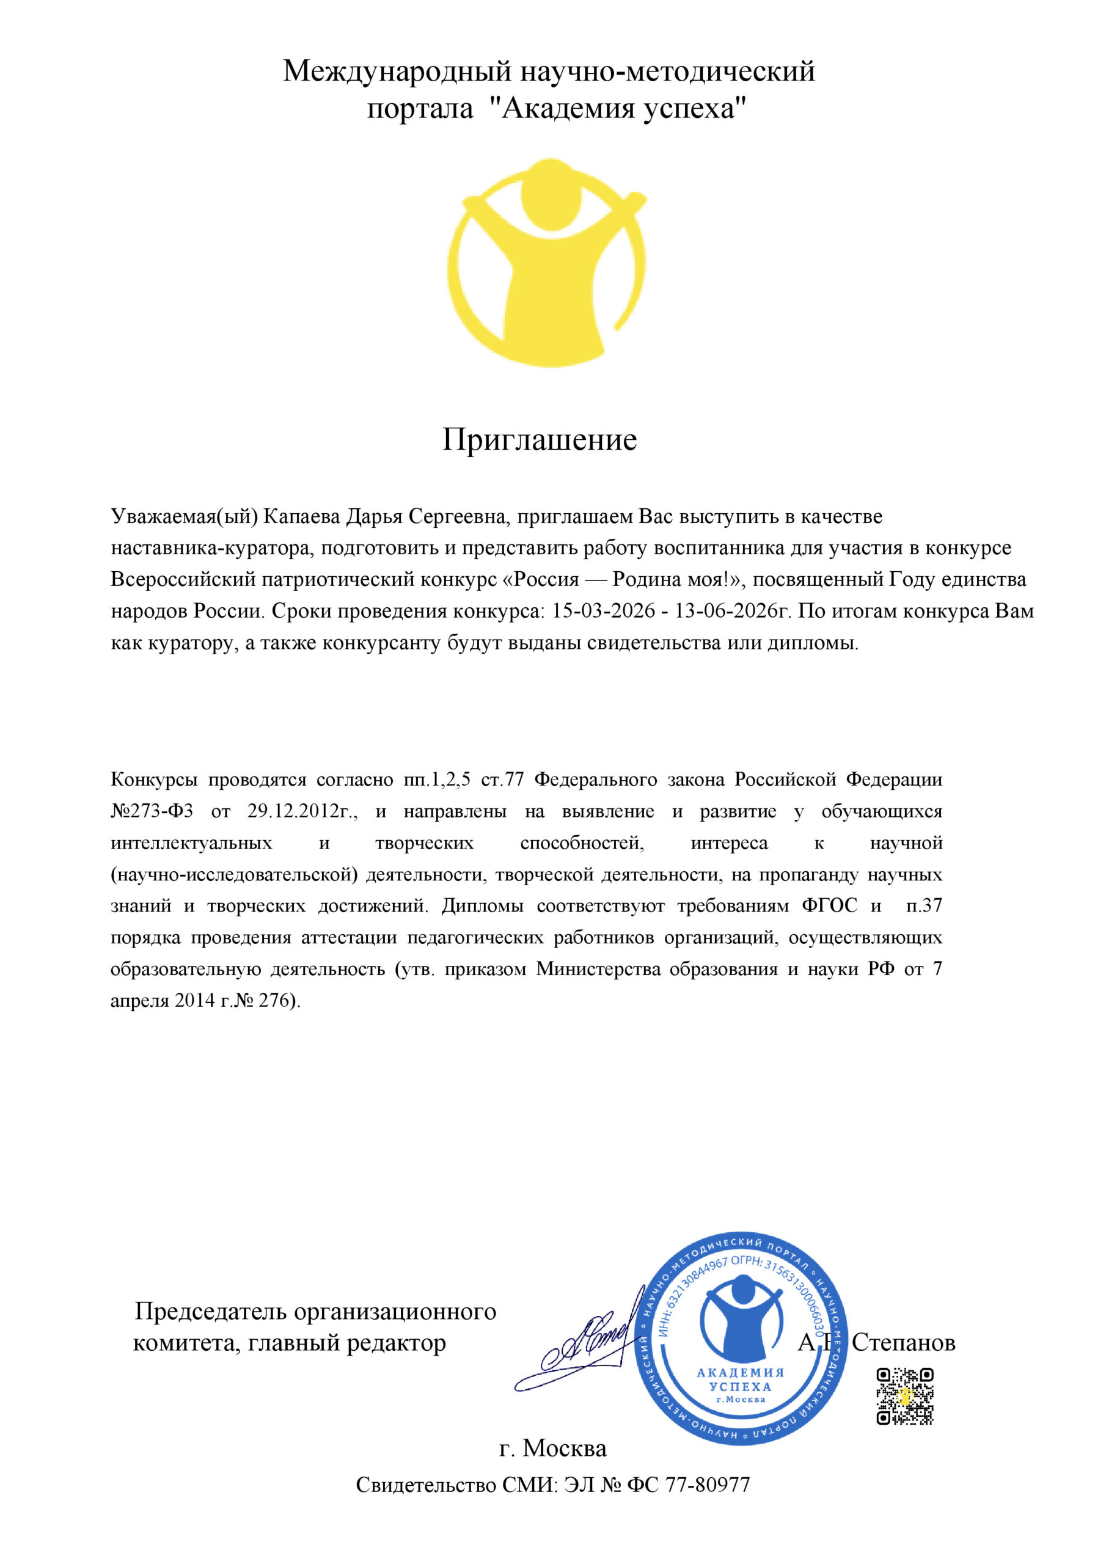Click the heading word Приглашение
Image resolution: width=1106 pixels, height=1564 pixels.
pos(539,440)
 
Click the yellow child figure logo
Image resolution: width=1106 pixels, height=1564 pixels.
pos(546,262)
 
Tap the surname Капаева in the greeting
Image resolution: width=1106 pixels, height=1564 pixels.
pos(301,516)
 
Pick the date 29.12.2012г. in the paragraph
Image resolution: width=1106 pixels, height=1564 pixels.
pos(302,811)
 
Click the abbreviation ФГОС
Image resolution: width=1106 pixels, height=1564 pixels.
pos(829,905)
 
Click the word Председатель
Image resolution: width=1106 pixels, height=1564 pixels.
pos(208,1310)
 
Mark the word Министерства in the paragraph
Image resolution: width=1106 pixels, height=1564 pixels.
pos(598,969)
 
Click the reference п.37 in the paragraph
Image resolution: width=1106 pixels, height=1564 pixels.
pos(923,905)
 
